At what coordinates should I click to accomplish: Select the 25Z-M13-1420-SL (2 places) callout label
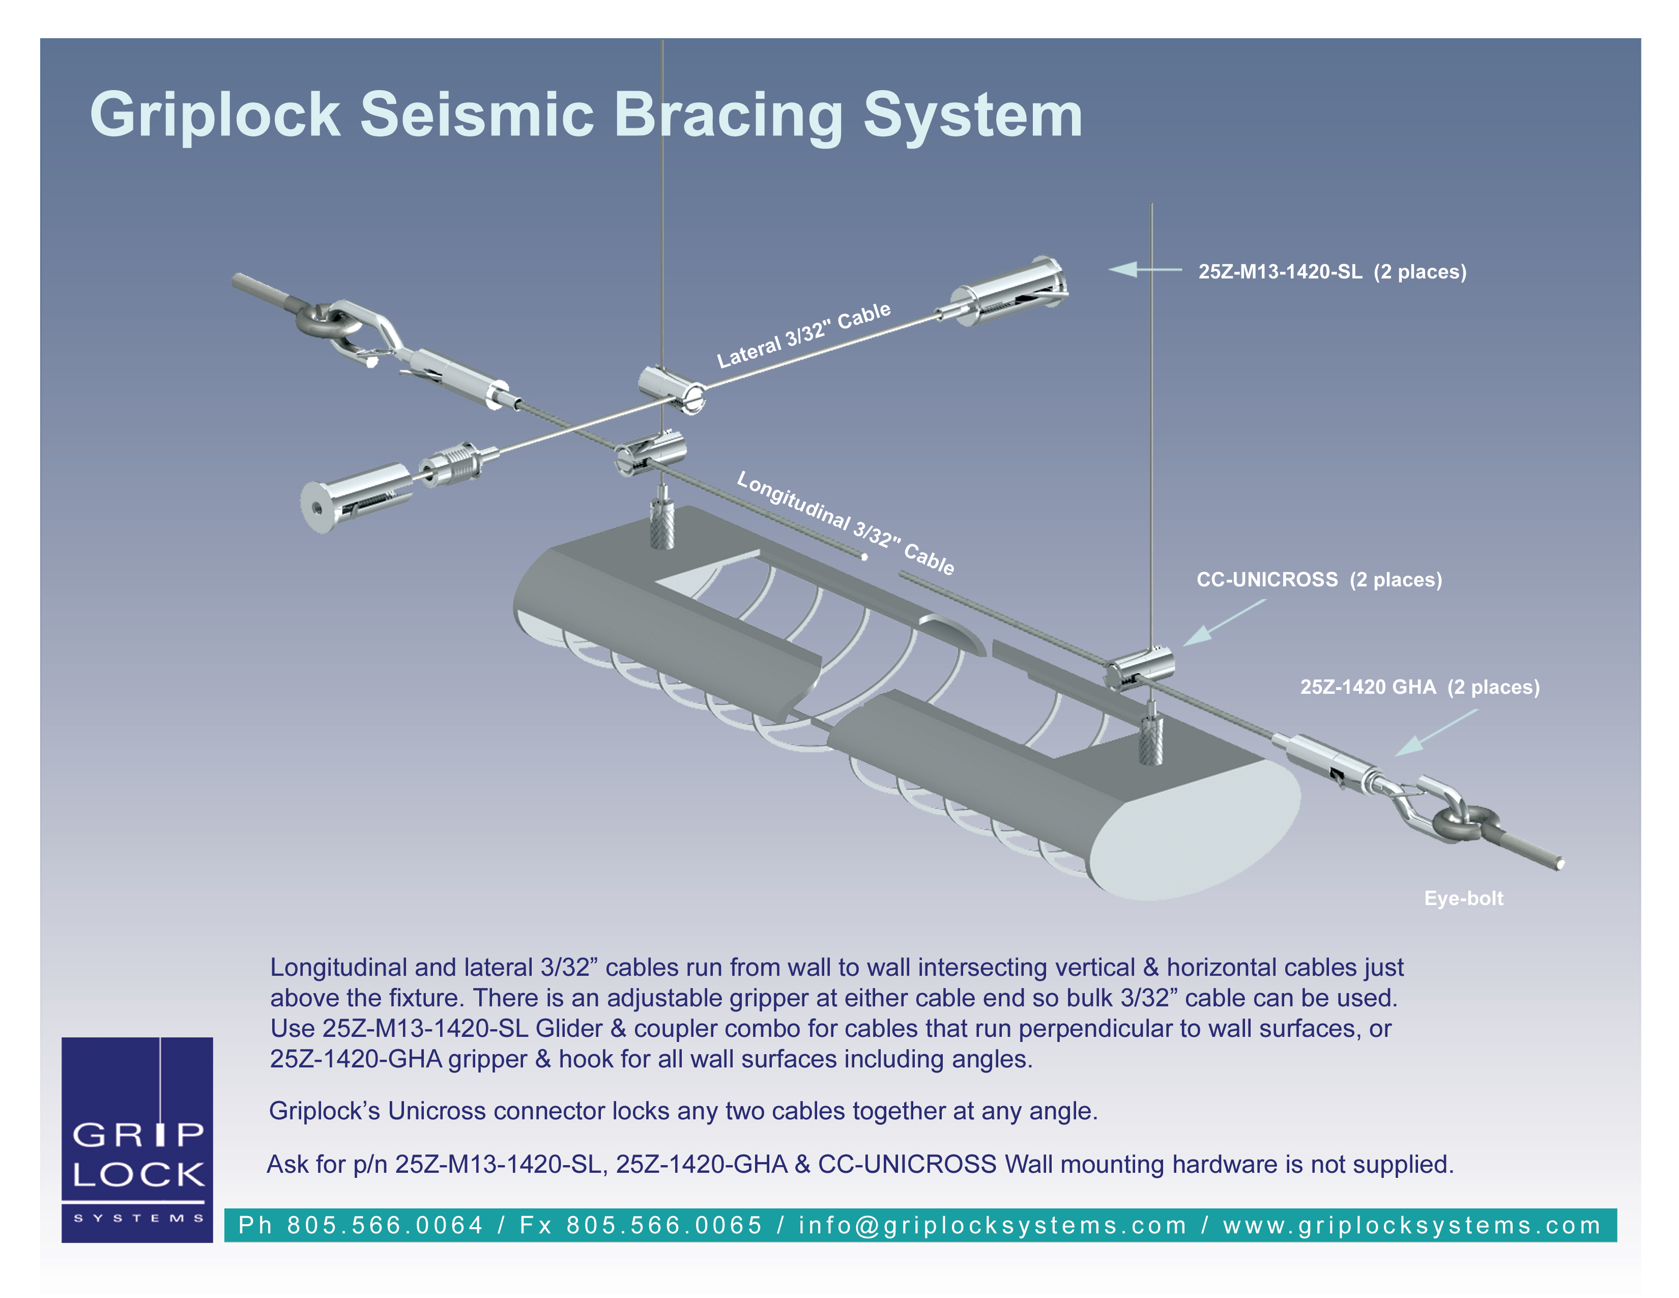point(1331,271)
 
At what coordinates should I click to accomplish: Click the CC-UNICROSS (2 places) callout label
point(1318,579)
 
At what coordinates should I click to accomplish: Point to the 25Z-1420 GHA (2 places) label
point(1419,687)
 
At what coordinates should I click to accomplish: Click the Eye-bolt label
point(1463,898)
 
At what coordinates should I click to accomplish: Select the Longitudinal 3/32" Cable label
point(845,523)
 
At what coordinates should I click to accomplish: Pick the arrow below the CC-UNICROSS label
point(1222,623)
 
